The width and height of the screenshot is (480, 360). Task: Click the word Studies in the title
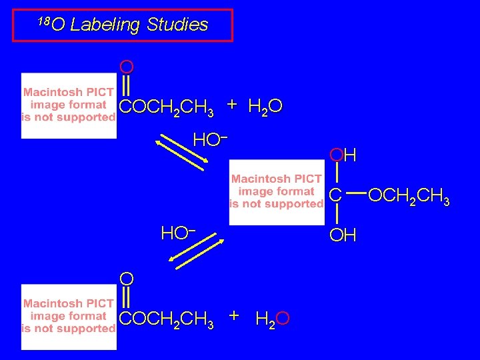coord(177,25)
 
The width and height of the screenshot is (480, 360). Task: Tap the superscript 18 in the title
coord(43,21)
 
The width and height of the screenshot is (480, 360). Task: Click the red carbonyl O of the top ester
coord(126,67)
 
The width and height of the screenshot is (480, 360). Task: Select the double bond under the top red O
coord(126,87)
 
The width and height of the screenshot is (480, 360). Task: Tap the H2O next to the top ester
coord(265,107)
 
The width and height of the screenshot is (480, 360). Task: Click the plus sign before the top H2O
coord(231,105)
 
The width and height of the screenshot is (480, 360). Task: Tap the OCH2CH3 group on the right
coord(409,196)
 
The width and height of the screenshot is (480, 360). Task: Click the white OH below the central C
coord(343,235)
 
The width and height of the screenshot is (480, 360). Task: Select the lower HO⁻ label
coord(177,233)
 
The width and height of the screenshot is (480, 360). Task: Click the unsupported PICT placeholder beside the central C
coord(277,191)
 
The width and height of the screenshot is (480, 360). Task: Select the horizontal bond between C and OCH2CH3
coord(356,195)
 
